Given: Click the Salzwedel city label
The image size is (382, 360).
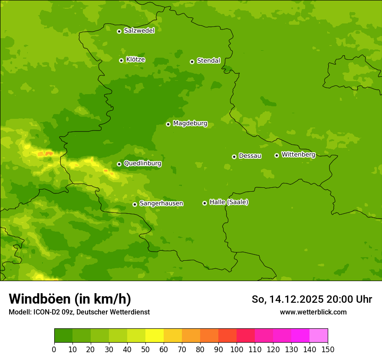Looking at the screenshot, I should [x=139, y=31].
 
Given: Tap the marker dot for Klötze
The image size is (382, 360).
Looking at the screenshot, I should [x=121, y=60].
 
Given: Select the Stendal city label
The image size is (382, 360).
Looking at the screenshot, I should [x=208, y=61].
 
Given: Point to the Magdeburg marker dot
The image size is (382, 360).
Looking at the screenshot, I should [x=168, y=124].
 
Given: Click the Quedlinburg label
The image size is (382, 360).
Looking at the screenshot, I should [x=142, y=164].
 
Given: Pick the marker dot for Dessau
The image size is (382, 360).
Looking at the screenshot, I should [x=234, y=157].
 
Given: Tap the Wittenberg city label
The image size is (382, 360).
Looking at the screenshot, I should [x=298, y=154].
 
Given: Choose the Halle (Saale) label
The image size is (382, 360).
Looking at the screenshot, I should [x=229, y=202].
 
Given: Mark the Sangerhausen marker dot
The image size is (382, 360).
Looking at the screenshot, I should [x=135, y=204].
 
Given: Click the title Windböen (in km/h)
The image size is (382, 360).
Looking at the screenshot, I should [x=70, y=299].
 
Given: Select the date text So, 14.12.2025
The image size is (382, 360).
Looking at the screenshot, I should [x=287, y=299].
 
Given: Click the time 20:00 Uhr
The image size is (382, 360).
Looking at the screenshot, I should [x=349, y=299].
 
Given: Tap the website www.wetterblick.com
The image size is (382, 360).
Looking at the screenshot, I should [x=313, y=312].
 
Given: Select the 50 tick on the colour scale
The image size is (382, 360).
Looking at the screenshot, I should [x=145, y=349].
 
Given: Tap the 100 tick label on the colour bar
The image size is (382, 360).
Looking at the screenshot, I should [x=237, y=349].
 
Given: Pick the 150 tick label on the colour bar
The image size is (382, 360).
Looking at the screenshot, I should [x=328, y=349].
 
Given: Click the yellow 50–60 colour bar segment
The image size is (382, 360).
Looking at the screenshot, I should [x=155, y=336].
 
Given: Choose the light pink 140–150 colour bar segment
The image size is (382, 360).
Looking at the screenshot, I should [x=319, y=336].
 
